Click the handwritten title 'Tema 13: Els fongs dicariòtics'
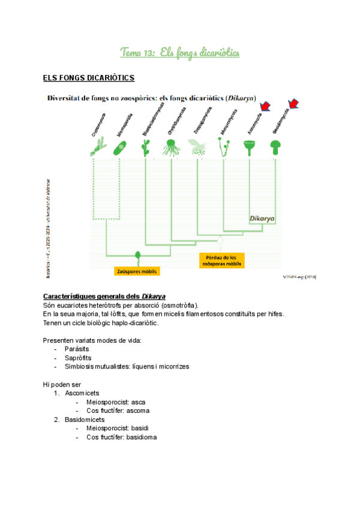pos(179,53)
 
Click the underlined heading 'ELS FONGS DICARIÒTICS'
pos(88,78)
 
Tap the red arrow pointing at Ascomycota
pos(264,108)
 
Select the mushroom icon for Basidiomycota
pos(275,146)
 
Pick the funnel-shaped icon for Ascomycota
pos(250,146)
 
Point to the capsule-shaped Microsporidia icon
pos(120,148)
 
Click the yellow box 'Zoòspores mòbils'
pos(137,271)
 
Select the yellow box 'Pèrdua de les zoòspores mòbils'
pos(221,259)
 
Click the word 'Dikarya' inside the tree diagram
pos(262,220)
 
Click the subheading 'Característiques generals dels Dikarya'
pos(104,297)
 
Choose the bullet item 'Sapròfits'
pos(77,358)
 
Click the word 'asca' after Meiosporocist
pos(139,402)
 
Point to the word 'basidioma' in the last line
pos(143,438)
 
